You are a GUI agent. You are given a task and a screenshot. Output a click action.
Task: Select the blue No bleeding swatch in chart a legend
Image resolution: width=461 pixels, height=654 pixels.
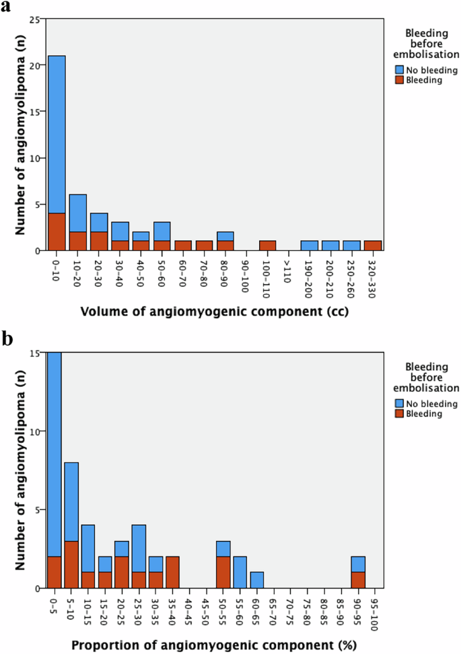click(400, 69)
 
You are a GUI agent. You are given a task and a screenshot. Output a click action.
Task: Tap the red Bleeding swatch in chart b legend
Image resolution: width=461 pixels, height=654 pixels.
click(400, 414)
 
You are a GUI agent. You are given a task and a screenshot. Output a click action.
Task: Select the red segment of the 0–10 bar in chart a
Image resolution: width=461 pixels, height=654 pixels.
click(57, 232)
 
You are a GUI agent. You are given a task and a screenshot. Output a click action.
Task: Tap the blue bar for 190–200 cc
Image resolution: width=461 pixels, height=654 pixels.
click(310, 246)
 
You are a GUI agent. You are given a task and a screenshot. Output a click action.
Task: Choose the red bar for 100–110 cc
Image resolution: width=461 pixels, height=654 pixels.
click(267, 246)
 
